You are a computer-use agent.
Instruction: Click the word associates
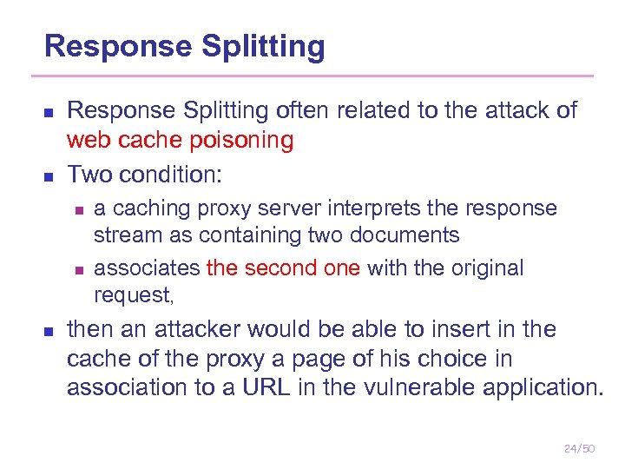pyautogui.click(x=148, y=268)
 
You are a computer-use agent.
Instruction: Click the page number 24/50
pyautogui.click(x=579, y=448)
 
